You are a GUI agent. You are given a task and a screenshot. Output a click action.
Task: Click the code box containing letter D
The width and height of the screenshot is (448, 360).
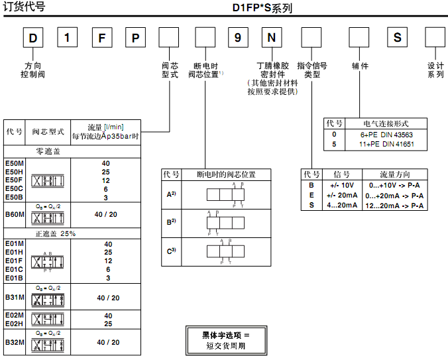tap(33, 37)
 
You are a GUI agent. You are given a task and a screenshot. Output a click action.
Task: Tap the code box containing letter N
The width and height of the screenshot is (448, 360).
tap(270, 37)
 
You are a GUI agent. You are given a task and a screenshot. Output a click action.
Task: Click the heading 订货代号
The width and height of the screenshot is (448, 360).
tap(25, 7)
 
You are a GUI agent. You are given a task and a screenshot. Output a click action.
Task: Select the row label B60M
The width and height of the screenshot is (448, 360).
tap(15, 215)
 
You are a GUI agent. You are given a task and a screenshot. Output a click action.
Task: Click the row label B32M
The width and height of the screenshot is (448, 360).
tap(15, 342)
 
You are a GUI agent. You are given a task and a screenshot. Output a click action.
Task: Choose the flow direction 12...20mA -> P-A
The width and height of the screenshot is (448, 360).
tap(396, 206)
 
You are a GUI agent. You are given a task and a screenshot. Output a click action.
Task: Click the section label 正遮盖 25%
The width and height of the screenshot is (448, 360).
tap(56, 234)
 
